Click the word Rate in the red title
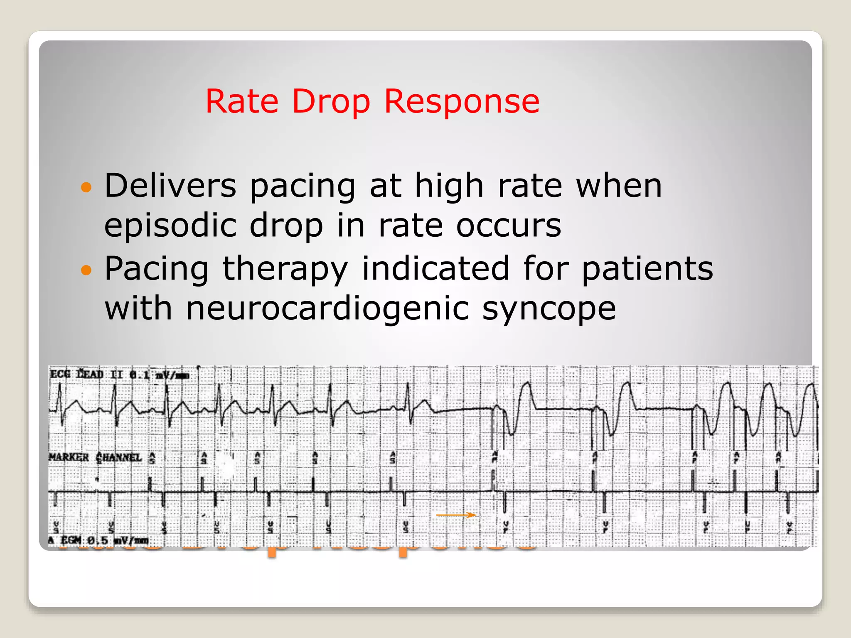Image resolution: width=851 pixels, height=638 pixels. [242, 101]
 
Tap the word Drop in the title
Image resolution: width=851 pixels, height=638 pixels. [331, 101]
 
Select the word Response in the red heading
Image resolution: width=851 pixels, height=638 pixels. [462, 101]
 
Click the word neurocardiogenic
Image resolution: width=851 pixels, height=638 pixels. [327, 309]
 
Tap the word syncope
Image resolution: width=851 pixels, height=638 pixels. [549, 310]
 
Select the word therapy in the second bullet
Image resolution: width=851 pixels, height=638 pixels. [285, 269]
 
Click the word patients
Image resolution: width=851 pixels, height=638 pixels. [647, 269]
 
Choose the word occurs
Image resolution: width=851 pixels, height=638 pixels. [509, 226]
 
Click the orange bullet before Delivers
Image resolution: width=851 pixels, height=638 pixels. [86, 187]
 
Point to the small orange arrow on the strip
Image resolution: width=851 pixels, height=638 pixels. [456, 515]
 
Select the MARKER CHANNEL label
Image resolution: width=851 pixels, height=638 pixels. [96, 457]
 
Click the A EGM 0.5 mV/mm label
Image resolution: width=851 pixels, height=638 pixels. [99, 540]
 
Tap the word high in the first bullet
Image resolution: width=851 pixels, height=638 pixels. [449, 185]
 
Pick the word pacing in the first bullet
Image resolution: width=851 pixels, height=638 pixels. [303, 186]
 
